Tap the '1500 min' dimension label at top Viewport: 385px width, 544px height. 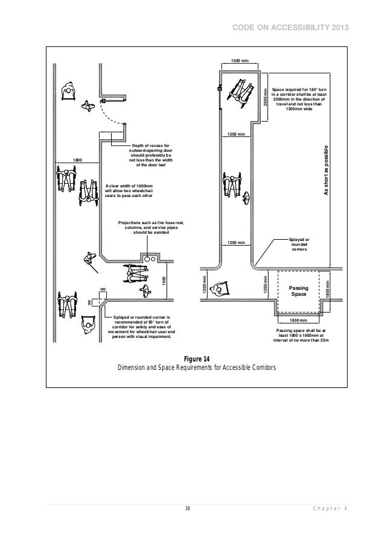(240, 61)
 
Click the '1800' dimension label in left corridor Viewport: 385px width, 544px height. (77, 159)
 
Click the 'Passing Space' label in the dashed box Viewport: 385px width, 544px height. (299, 292)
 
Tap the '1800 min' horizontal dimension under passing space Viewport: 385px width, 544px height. (299, 321)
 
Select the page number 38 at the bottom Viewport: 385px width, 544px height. (188, 509)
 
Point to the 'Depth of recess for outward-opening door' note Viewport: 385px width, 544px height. (150, 155)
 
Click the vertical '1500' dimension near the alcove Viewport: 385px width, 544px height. (163, 281)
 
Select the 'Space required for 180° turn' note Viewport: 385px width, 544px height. (299, 99)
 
